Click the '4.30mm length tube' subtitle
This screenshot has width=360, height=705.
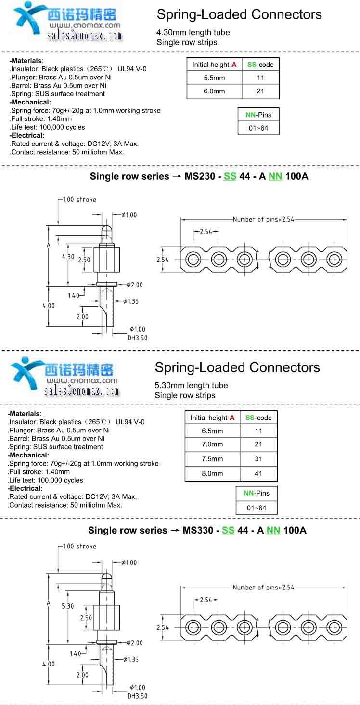193,32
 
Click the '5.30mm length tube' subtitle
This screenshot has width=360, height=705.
191,385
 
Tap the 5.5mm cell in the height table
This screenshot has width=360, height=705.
214,78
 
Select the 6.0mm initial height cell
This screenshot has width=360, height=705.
214,91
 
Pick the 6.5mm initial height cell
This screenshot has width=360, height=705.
212,431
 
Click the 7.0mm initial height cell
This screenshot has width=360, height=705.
212,444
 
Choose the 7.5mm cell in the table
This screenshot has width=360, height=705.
212,459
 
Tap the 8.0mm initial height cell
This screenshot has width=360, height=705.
212,473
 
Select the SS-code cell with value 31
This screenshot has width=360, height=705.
258,459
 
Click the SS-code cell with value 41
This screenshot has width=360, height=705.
258,473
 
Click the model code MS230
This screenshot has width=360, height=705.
200,176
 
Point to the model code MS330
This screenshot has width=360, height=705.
198,530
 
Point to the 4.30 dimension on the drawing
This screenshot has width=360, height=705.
68,257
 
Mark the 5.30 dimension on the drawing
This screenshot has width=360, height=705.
68,606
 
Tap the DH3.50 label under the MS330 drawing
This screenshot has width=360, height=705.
137,696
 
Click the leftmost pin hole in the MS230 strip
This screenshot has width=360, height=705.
194,259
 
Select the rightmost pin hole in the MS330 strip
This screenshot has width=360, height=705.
333,627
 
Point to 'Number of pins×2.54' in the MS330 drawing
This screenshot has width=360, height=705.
263,587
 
